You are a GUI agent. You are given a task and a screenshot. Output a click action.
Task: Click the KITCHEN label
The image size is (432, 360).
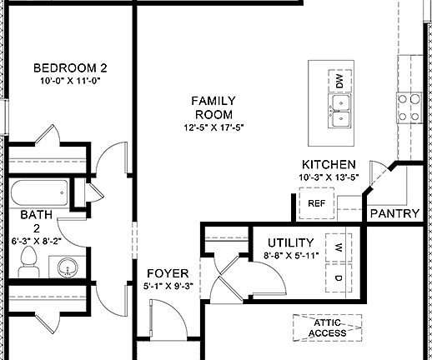pyautogui.click(x=329, y=165)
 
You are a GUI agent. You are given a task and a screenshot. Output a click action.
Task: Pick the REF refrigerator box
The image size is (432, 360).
pyautogui.click(x=317, y=202)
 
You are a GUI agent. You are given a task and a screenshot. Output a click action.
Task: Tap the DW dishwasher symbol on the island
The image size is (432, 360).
pyautogui.click(x=339, y=81)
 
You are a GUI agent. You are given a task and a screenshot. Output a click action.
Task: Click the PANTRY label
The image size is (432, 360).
pyautogui.click(x=394, y=213)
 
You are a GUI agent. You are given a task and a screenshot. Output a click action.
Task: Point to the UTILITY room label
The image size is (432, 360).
pyautogui.click(x=290, y=242)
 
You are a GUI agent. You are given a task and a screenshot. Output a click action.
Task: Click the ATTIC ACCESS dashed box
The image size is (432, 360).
pyautogui.click(x=328, y=328)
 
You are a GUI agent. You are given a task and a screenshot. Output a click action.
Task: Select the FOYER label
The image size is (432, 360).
pyautogui.click(x=168, y=273)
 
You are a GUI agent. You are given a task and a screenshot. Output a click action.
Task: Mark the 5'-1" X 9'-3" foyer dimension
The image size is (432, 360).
pyautogui.click(x=168, y=287)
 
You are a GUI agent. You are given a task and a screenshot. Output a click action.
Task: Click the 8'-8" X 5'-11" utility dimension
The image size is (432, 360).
pyautogui.click(x=291, y=256)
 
